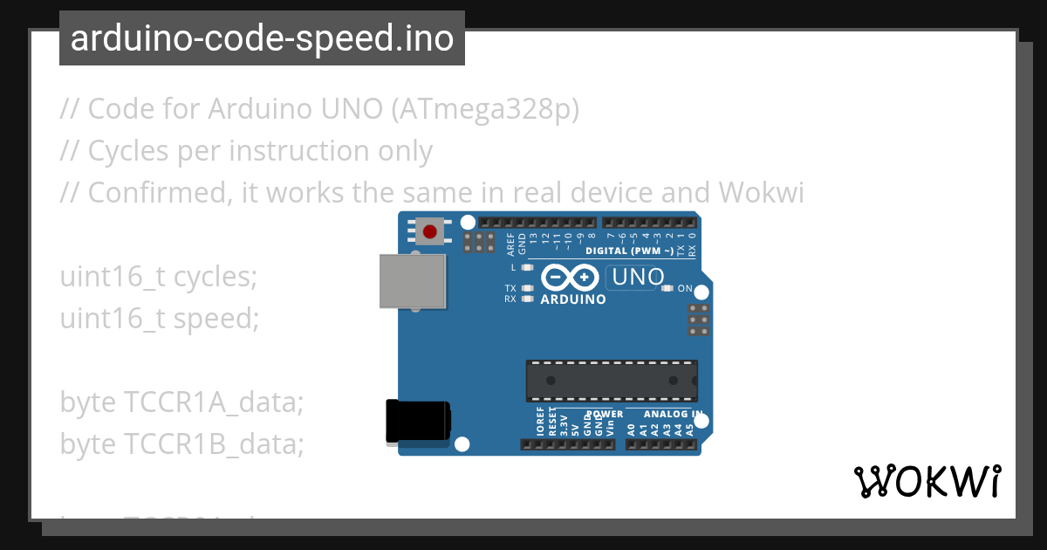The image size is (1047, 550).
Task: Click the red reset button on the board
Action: [x=429, y=231]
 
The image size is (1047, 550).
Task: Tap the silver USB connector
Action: [x=413, y=281]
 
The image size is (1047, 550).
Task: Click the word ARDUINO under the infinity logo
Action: [x=573, y=299]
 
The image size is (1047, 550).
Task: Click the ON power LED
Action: [x=668, y=288]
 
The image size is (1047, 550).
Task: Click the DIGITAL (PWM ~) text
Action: [x=641, y=251]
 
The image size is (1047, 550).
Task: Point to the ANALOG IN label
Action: [x=673, y=414]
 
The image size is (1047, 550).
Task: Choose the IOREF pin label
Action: [x=540, y=421]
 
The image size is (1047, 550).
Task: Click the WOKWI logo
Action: [x=927, y=481]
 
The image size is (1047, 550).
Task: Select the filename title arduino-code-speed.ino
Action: [x=262, y=38]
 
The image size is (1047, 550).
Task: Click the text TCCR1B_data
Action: [x=213, y=444]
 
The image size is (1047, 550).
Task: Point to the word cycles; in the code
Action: [x=216, y=277]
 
